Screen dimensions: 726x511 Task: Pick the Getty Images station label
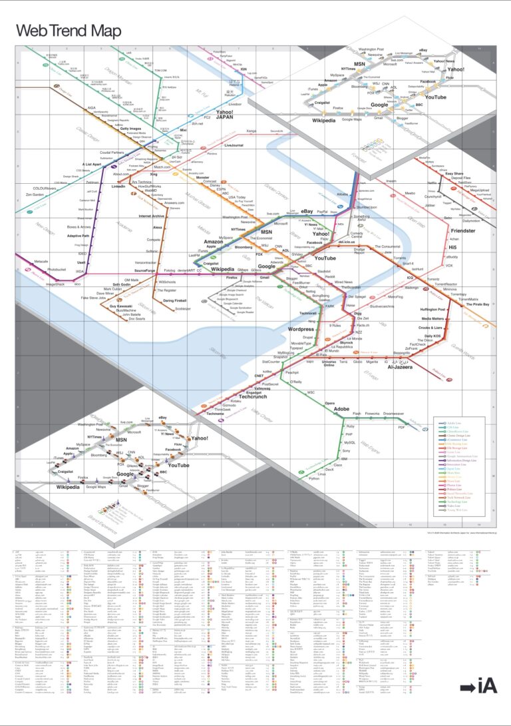point(131,128)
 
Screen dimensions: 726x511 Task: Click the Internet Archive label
point(152,216)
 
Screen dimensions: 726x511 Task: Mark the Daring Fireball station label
point(174,301)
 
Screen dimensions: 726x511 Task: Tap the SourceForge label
point(149,271)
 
